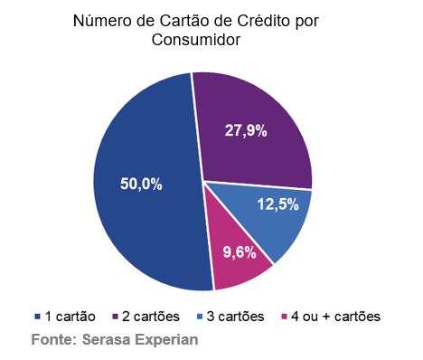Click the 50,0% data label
[x=141, y=184]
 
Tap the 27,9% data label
[x=245, y=130]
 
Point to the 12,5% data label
[x=277, y=204]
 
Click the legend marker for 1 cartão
[x=36, y=317]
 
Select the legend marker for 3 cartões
[x=202, y=317]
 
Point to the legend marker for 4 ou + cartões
[x=286, y=317]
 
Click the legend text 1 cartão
[x=69, y=317]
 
